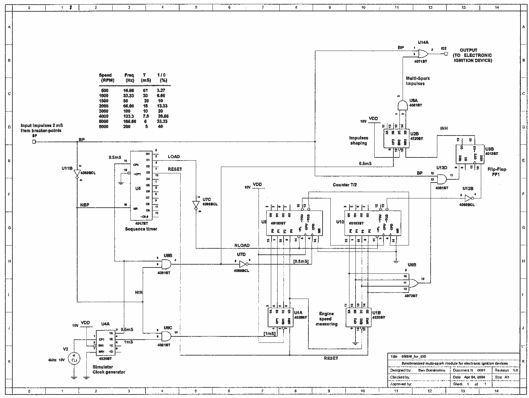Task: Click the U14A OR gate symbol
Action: click(423, 54)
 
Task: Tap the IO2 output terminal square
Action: click(445, 54)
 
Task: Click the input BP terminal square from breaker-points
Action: click(34, 142)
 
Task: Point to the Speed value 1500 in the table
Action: click(104, 101)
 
